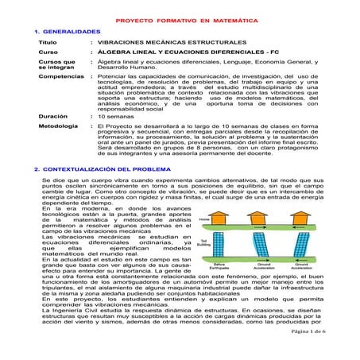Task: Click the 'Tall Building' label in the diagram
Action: click(x=203, y=243)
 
